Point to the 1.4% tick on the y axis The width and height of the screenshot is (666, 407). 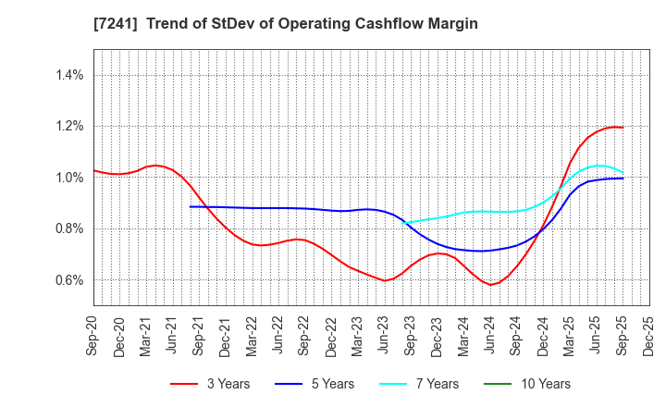point(71,75)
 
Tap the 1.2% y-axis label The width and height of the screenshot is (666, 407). point(71,127)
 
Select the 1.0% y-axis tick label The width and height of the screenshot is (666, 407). point(71,178)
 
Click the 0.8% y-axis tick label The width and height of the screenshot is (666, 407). point(71,228)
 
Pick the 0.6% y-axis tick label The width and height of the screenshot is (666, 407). point(71,280)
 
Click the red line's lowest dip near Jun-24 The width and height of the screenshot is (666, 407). point(492,285)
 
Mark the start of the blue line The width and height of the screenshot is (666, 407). point(191,206)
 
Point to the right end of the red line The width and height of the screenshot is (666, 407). point(623,128)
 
